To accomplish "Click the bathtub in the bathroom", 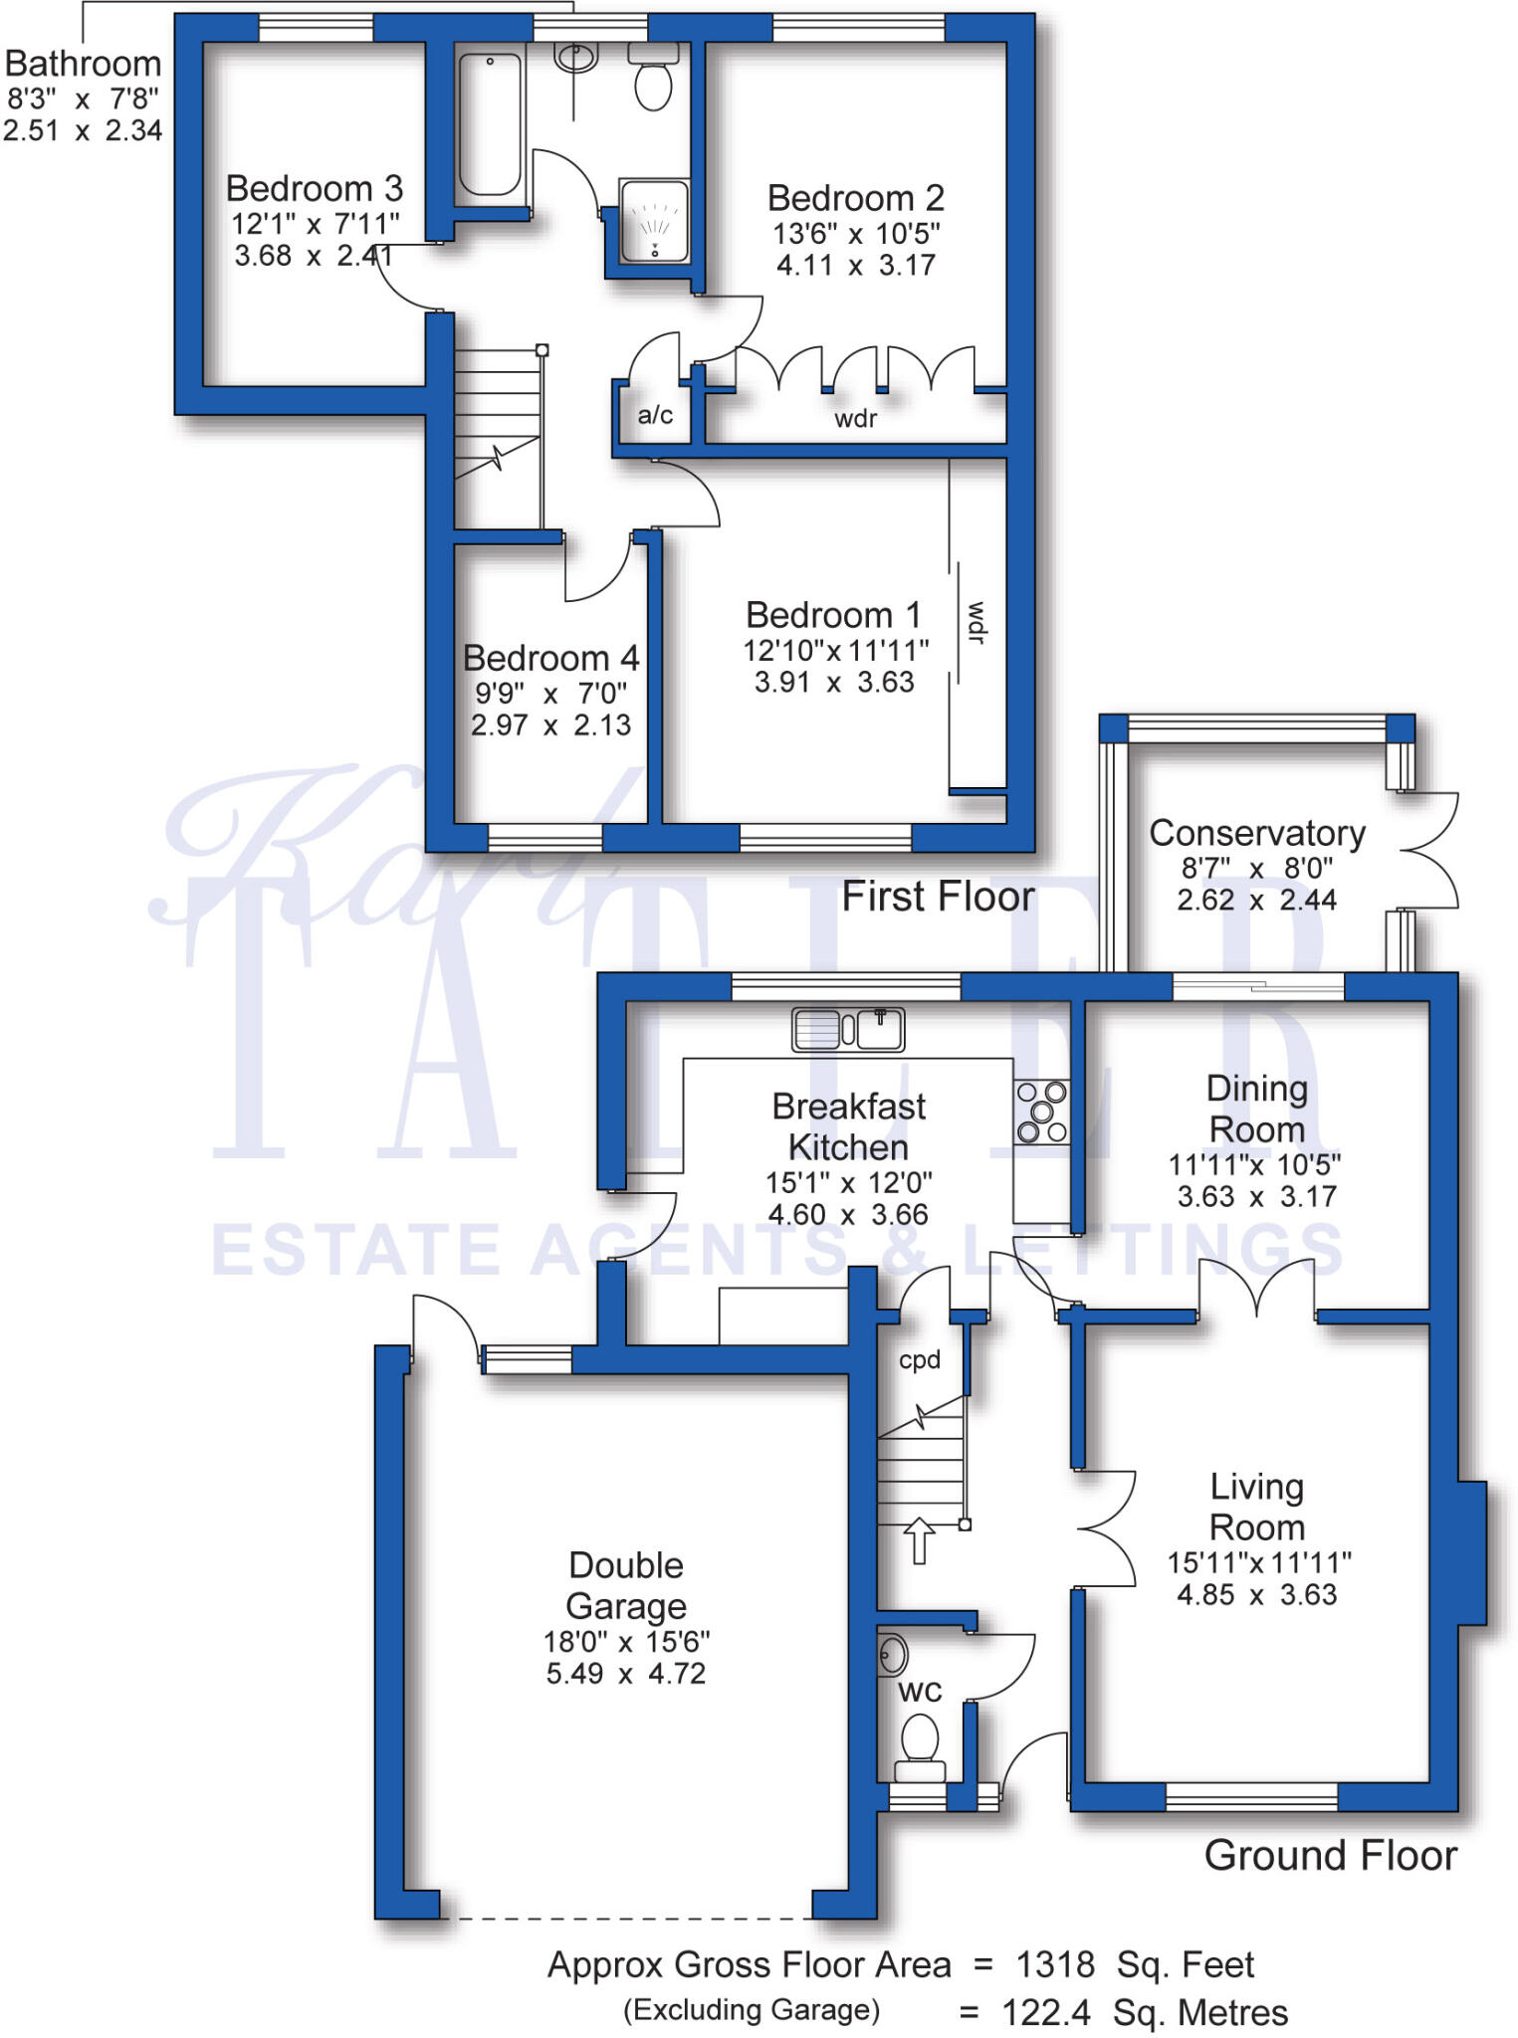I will (490, 124).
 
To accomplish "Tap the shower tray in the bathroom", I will (654, 221).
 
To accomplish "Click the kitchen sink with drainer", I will (848, 1029).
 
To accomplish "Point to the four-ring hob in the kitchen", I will (1042, 1112).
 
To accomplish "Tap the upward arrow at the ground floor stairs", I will (919, 1539).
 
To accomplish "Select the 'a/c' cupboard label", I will (655, 415).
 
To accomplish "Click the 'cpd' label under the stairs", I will (919, 1359).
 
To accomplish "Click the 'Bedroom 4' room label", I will (550, 658).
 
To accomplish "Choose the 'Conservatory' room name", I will (1256, 833).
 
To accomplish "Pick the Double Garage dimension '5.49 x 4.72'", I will (625, 1673).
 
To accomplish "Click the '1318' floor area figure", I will (1054, 1964).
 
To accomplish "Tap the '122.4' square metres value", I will (1045, 2012).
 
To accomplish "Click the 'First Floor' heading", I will (938, 897).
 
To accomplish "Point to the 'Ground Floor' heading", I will (1330, 1855).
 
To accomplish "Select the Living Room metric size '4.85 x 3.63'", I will (1256, 1594).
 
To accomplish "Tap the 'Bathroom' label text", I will (83, 64).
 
